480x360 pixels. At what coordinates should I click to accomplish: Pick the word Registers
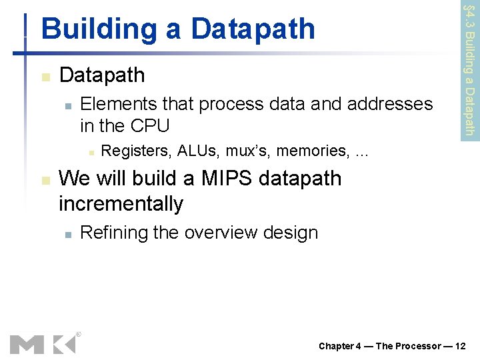[135, 151]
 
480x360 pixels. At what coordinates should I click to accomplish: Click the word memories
[311, 151]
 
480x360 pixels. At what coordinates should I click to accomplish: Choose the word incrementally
[121, 203]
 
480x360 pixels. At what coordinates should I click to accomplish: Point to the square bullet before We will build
[44, 180]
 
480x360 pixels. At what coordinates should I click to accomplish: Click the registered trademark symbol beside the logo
[78, 334]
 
